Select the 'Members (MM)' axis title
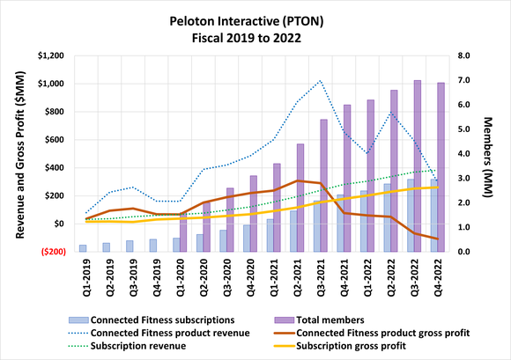tap(491, 154)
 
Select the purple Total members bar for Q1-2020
tap(184, 232)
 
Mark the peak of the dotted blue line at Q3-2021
tap(320, 80)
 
